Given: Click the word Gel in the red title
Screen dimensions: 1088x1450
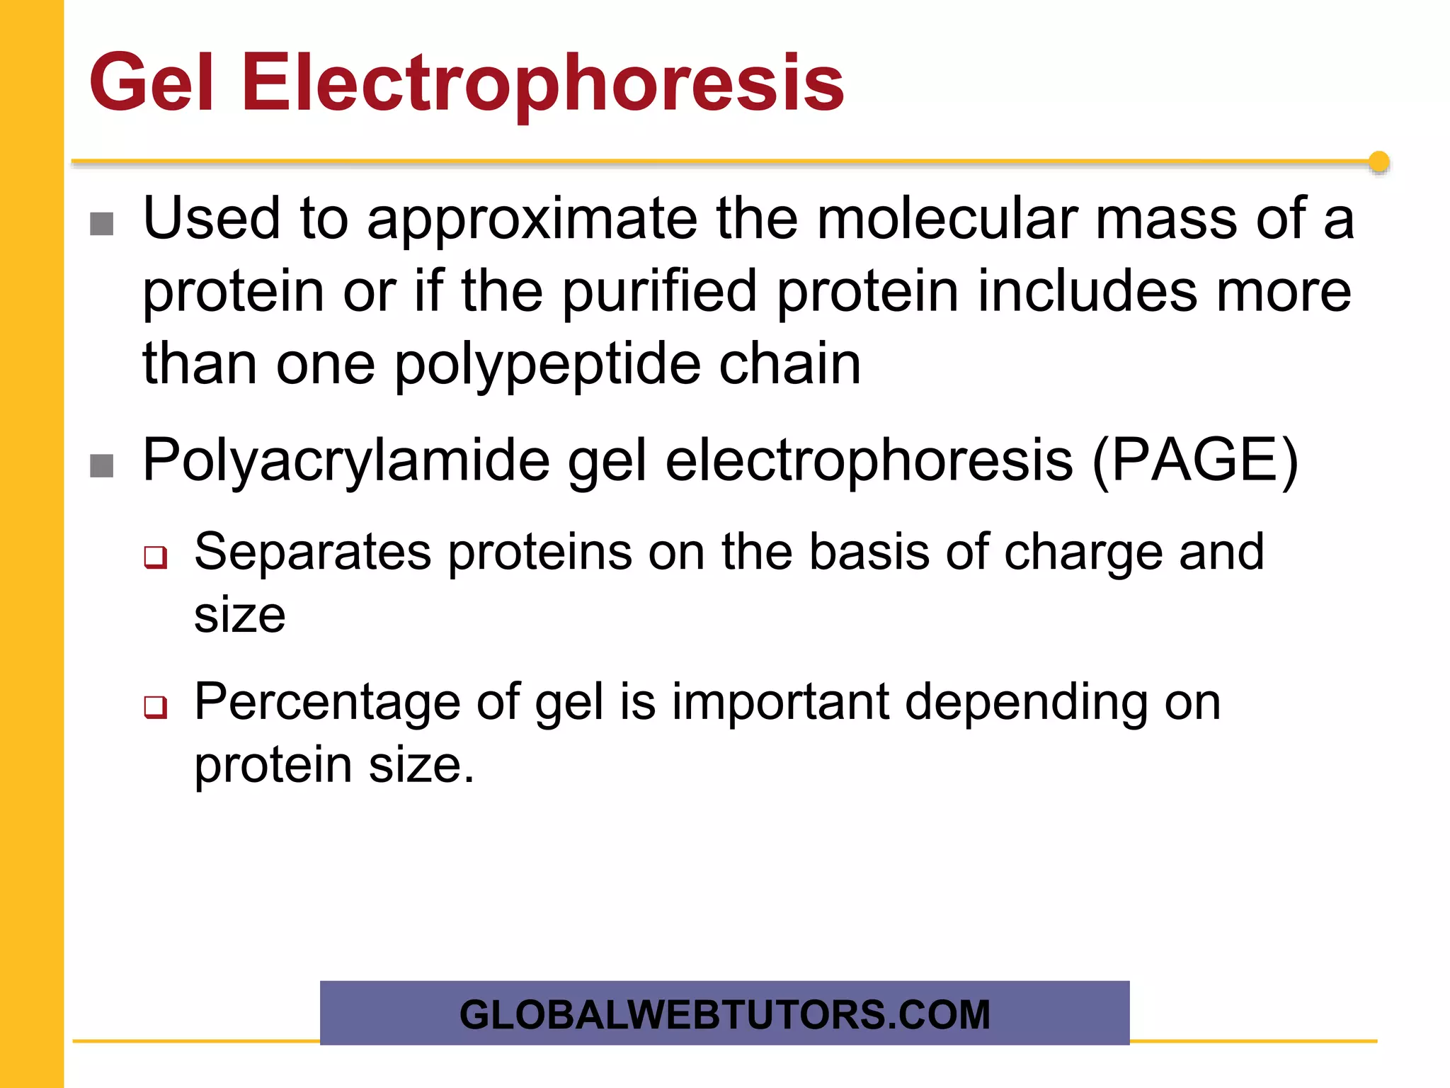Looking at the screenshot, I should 151,84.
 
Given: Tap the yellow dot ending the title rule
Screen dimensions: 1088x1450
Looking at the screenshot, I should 1378,162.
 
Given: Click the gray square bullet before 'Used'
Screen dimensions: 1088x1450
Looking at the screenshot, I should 102,225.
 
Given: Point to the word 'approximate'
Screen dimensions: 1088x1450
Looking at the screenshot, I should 532,220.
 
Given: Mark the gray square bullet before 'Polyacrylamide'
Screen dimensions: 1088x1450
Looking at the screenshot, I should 102,466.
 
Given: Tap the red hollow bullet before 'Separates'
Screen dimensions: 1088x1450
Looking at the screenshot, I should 156,557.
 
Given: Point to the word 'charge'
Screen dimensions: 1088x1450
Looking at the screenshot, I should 1083,552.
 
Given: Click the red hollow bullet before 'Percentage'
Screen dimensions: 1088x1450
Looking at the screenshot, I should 156,707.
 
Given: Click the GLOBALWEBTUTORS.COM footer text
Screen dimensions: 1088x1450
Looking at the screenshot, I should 724,1014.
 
